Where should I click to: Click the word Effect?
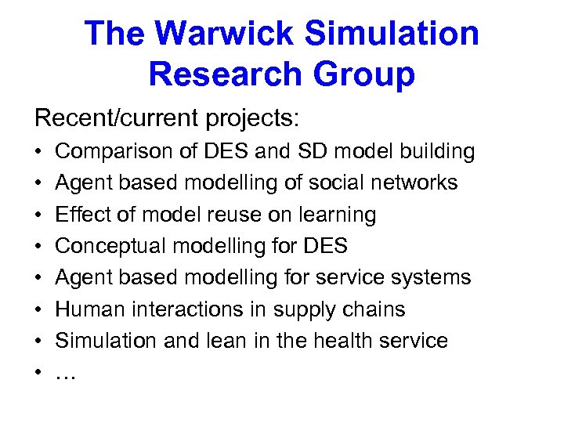coord(81,214)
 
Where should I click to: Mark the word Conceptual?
coord(111,246)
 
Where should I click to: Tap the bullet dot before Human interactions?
coord(39,309)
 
